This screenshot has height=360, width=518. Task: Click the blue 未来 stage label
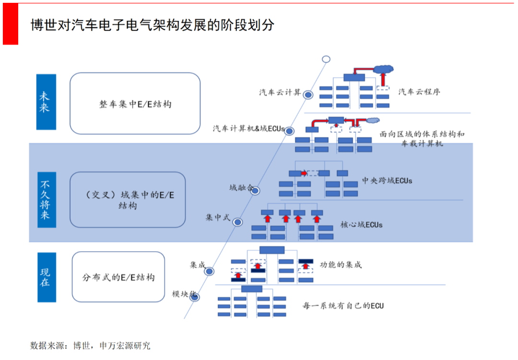coord(46,102)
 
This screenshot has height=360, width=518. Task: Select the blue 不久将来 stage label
coord(46,199)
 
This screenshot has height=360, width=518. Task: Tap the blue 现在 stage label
coord(46,276)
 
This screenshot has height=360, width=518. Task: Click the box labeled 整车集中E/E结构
coord(135,104)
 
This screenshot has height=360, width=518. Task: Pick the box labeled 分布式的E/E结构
coord(118,277)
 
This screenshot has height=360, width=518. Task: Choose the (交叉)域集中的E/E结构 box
coord(128,199)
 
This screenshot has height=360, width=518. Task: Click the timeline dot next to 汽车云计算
coord(308,95)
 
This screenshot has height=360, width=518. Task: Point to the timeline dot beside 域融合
coord(255,191)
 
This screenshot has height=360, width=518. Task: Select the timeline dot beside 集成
coord(210,271)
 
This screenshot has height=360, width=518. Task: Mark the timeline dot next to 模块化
coord(195,297)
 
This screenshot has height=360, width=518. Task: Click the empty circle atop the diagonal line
coord(326,59)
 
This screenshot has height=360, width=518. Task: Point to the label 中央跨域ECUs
coord(387,181)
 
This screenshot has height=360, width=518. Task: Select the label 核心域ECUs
coord(361,224)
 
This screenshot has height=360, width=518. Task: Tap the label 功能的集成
coord(341,265)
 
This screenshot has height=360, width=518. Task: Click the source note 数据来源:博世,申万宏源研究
coord(90,345)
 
